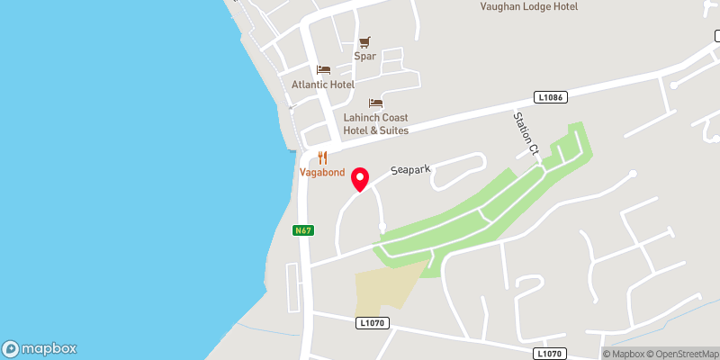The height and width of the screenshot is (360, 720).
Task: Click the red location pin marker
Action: (x=360, y=178)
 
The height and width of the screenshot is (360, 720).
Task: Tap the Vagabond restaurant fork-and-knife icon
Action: (x=322, y=157)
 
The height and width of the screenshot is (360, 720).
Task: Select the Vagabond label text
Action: (x=322, y=173)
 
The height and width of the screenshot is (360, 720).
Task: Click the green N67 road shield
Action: (x=302, y=230)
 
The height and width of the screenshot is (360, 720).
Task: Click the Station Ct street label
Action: (x=525, y=133)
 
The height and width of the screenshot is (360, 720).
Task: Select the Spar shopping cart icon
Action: (x=364, y=41)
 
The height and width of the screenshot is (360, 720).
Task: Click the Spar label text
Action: (x=364, y=56)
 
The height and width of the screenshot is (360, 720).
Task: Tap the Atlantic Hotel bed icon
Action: (x=323, y=70)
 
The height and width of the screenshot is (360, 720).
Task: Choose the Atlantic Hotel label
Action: (x=323, y=85)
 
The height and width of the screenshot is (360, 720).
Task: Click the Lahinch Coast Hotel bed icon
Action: (x=375, y=103)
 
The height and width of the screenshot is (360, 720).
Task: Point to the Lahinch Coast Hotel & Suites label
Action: (x=375, y=124)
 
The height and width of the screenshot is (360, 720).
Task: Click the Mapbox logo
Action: (x=39, y=348)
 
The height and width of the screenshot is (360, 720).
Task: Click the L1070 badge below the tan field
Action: (x=371, y=322)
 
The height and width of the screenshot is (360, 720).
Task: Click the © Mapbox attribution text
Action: (x=625, y=354)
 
